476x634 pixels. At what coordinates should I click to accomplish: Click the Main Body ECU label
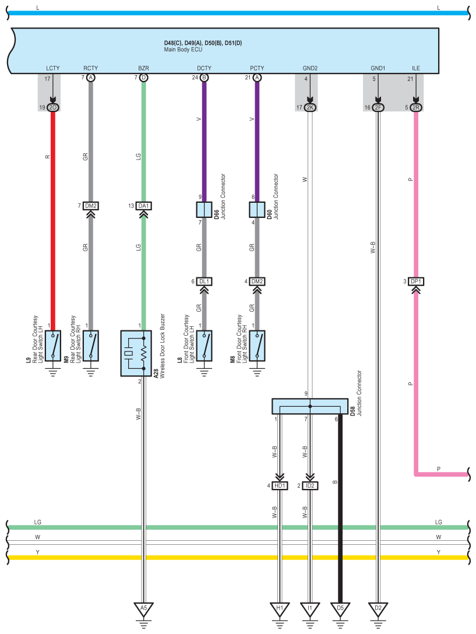pos(183,50)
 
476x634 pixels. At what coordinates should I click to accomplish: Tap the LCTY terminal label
pos(52,68)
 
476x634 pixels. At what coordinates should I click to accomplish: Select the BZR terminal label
pos(143,68)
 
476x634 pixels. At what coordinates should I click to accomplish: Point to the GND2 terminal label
pos(310,68)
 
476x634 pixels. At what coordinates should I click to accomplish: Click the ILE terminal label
pos(416,68)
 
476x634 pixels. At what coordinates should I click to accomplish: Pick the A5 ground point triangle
pos(143,608)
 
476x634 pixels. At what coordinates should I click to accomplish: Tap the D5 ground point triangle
pos(340,608)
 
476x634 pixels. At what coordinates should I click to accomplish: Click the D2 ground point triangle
pos(378,608)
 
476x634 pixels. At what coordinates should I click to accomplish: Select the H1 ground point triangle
pos(280,608)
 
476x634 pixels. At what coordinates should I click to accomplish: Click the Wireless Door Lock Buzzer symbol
pos(136,353)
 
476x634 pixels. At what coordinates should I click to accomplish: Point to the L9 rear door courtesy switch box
pos(53,346)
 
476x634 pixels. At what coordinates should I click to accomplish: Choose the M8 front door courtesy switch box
pos(257,346)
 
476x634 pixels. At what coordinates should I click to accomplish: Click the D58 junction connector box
pos(310,406)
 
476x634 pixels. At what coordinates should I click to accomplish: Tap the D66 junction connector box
pos(204,210)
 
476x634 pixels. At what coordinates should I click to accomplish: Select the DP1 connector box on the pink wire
pos(416,281)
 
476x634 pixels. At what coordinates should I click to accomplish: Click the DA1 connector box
pos(143,206)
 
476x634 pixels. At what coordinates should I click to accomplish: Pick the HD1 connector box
pos(280,485)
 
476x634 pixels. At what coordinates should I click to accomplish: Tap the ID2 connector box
pos(310,485)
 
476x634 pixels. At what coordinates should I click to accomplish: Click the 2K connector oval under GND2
pos(310,108)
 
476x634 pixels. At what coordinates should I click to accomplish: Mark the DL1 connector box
pos(204,281)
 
